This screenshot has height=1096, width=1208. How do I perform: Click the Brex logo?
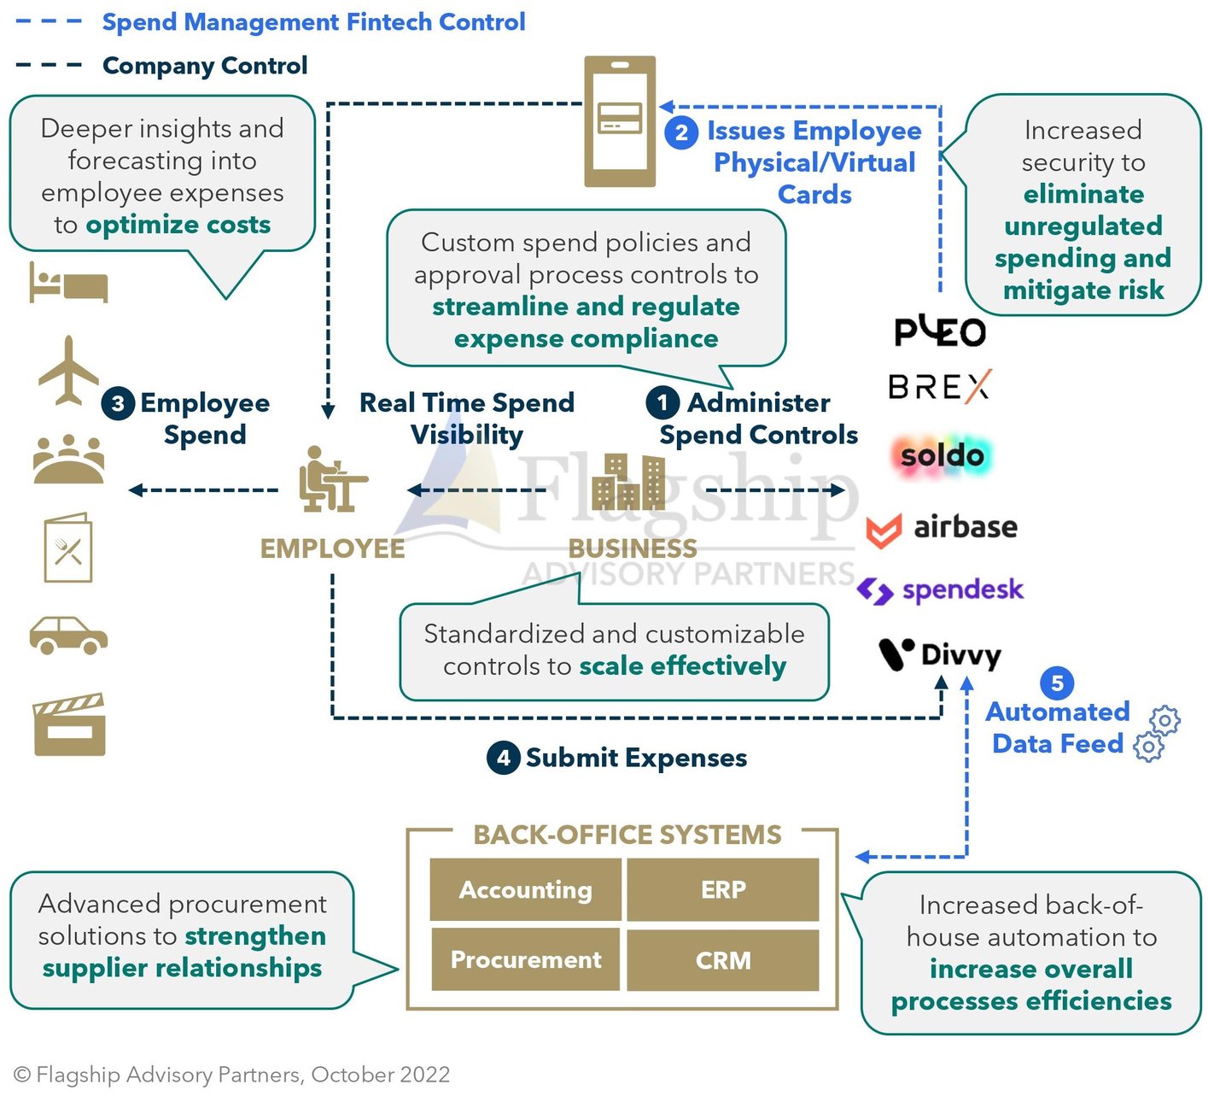[939, 387]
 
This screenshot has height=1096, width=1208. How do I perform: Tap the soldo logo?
[942, 455]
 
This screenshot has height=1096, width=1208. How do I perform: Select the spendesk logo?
[940, 590]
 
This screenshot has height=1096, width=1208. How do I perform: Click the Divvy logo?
[940, 655]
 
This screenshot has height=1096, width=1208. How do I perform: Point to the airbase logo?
[942, 528]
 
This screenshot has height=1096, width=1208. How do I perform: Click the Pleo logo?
[940, 331]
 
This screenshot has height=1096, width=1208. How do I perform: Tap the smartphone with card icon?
[620, 121]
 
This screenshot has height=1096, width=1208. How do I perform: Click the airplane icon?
[68, 371]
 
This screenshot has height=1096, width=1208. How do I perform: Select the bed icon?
[68, 283]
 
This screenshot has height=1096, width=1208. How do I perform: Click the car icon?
[68, 635]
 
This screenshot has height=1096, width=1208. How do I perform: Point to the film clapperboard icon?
[69, 725]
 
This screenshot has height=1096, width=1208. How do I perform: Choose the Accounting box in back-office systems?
[526, 890]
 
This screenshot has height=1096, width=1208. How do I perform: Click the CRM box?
[723, 960]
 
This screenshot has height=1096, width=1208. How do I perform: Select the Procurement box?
[526, 960]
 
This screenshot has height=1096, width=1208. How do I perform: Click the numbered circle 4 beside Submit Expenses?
[504, 758]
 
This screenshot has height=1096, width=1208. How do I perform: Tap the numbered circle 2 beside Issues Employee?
[681, 133]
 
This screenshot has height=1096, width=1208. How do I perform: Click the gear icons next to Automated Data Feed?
[1156, 733]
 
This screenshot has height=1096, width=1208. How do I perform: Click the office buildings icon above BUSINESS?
[628, 483]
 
